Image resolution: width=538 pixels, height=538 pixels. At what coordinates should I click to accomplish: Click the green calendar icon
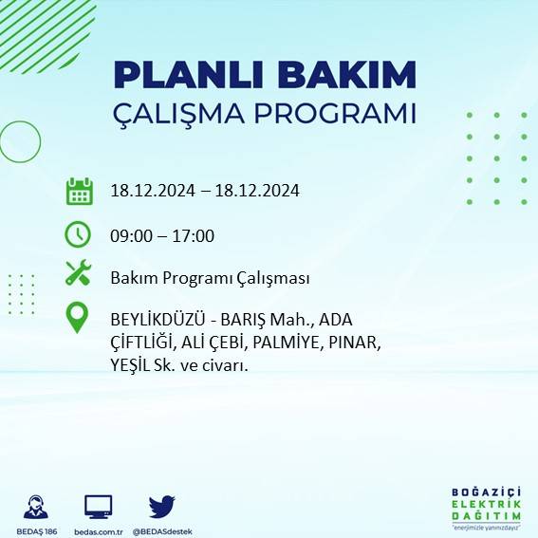coord(79,191)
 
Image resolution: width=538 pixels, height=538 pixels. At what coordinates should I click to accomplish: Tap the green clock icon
coord(78,233)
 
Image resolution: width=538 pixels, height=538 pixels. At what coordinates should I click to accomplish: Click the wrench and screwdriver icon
coord(78,273)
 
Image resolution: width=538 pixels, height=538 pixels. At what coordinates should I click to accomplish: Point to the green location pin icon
coord(77,317)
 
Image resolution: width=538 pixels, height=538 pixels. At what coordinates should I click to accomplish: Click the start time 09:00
coord(130,236)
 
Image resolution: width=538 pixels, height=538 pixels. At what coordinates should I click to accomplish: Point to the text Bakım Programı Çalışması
coord(209,278)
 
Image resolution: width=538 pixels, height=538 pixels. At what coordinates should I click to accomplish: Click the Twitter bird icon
coord(161,506)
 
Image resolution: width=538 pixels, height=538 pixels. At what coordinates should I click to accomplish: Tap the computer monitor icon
coord(99,506)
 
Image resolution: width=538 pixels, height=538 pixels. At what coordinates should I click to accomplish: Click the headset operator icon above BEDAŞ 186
coord(37,506)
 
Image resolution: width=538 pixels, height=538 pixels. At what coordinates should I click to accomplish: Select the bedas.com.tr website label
coord(99,530)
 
